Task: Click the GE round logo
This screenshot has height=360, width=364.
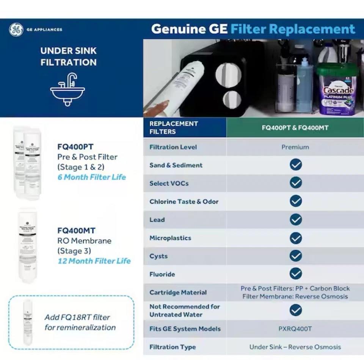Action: point(16,30)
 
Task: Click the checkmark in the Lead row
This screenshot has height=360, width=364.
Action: point(295,220)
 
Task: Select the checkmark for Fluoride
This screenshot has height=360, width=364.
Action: point(295,274)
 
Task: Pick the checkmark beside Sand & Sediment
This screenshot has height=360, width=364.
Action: point(295,165)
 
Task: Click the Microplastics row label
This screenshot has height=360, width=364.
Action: point(170,238)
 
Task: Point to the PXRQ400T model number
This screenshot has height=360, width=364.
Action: point(295,329)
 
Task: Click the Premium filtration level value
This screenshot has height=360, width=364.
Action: point(295,147)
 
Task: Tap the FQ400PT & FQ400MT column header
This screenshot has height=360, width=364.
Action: point(295,127)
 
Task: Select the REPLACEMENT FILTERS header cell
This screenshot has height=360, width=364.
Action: point(174,127)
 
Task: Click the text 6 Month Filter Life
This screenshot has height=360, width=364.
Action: point(91,177)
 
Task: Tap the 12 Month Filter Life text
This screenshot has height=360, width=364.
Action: point(94,261)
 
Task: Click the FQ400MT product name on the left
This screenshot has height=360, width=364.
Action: point(76,230)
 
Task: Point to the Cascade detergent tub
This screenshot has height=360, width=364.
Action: point(337,89)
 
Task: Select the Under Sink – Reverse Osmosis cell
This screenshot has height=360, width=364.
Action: point(295,347)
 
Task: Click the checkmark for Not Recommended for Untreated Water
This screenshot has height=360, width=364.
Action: point(295,310)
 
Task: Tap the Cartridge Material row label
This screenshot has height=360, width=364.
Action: point(178,292)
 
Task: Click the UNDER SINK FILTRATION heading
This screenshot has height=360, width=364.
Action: point(69,57)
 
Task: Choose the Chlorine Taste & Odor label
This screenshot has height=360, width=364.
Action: point(184,201)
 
